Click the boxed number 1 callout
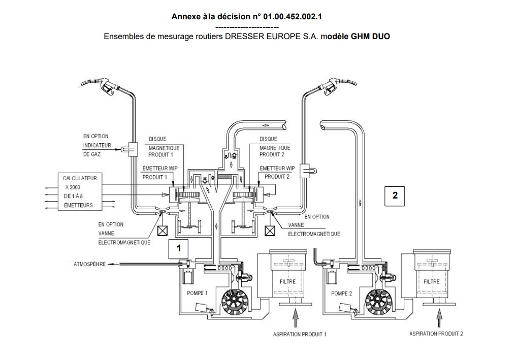[x=178, y=248]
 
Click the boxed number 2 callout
[x=395, y=195]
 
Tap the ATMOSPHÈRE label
[x=90, y=265]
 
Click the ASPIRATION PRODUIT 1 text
[x=300, y=334]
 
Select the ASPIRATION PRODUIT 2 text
[x=436, y=334]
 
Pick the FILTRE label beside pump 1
[x=287, y=281]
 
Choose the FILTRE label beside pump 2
[x=432, y=281]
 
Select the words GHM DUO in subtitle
[x=370, y=37]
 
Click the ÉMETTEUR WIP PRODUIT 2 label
[x=277, y=172]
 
